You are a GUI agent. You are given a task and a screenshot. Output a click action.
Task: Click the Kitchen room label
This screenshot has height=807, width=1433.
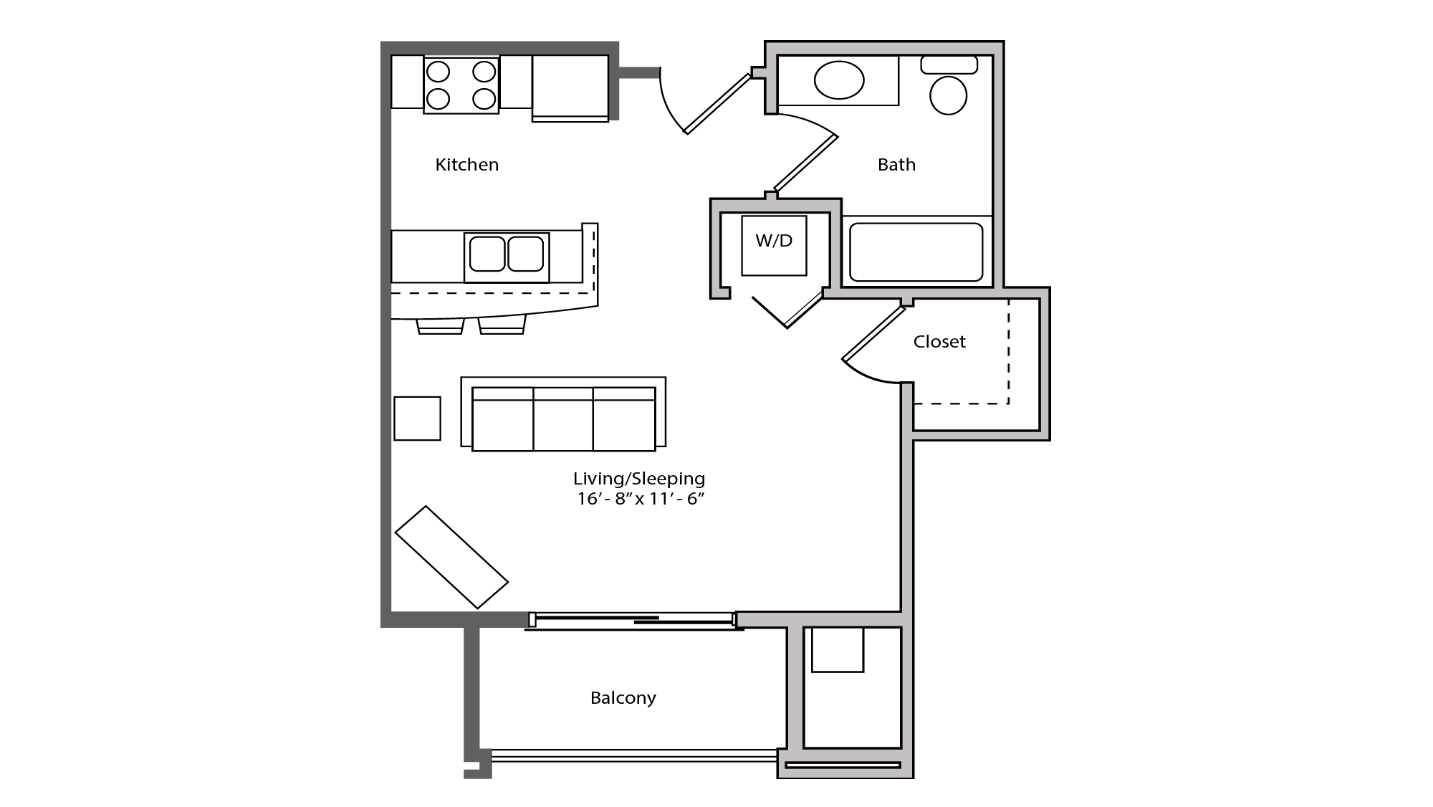pos(466,165)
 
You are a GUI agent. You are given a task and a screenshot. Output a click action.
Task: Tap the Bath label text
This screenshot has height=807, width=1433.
pos(896,165)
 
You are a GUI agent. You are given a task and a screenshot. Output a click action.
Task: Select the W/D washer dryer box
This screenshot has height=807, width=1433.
pos(774,245)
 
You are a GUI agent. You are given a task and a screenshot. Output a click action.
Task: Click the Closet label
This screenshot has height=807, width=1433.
pos(939,342)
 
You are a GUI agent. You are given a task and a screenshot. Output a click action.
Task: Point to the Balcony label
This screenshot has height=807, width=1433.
pos(623,698)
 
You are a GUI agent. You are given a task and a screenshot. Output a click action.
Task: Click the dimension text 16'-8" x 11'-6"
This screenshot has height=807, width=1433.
pos(641,500)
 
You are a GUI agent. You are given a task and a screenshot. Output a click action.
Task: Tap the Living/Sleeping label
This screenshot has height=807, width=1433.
pos(638,478)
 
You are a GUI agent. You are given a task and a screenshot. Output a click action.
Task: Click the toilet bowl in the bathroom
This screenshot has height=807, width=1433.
pos(948,95)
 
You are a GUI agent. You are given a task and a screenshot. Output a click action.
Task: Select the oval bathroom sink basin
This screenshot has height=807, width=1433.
pos(839,80)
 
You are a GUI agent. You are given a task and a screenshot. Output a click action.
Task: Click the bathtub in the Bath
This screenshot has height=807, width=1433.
pos(916,252)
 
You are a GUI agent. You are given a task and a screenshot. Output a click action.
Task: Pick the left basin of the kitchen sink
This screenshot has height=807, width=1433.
pos(487,254)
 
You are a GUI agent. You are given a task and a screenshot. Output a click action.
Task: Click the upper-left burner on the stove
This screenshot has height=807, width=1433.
pos(438,72)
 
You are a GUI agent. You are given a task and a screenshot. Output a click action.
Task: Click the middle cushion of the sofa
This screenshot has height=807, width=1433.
pos(563,419)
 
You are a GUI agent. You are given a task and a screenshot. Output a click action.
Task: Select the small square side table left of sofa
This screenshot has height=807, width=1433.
pos(417,419)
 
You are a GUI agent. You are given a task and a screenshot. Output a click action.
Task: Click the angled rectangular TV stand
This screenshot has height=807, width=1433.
pos(451,557)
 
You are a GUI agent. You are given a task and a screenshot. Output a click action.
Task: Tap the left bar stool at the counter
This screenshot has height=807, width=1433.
pos(440,327)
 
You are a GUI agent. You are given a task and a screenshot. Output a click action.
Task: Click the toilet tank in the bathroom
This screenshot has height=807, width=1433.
pos(949,65)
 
